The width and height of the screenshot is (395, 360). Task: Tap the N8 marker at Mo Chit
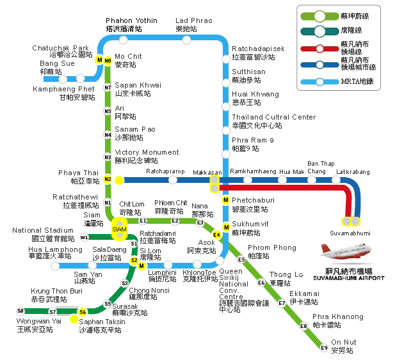(x=108, y=61)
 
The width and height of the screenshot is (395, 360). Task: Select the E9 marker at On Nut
(x=325, y=348)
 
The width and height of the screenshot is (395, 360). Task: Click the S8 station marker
(x=20, y=311)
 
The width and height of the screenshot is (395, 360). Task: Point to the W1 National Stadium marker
(x=85, y=237)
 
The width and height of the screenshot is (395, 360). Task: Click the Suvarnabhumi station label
(x=351, y=233)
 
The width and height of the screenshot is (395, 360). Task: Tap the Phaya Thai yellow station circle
(x=119, y=180)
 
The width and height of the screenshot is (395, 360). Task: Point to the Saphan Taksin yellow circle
(x=76, y=319)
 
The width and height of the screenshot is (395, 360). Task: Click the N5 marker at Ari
(x=108, y=111)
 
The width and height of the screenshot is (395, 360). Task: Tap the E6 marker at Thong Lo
(x=261, y=283)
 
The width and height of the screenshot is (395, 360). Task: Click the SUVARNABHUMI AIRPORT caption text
(x=349, y=278)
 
